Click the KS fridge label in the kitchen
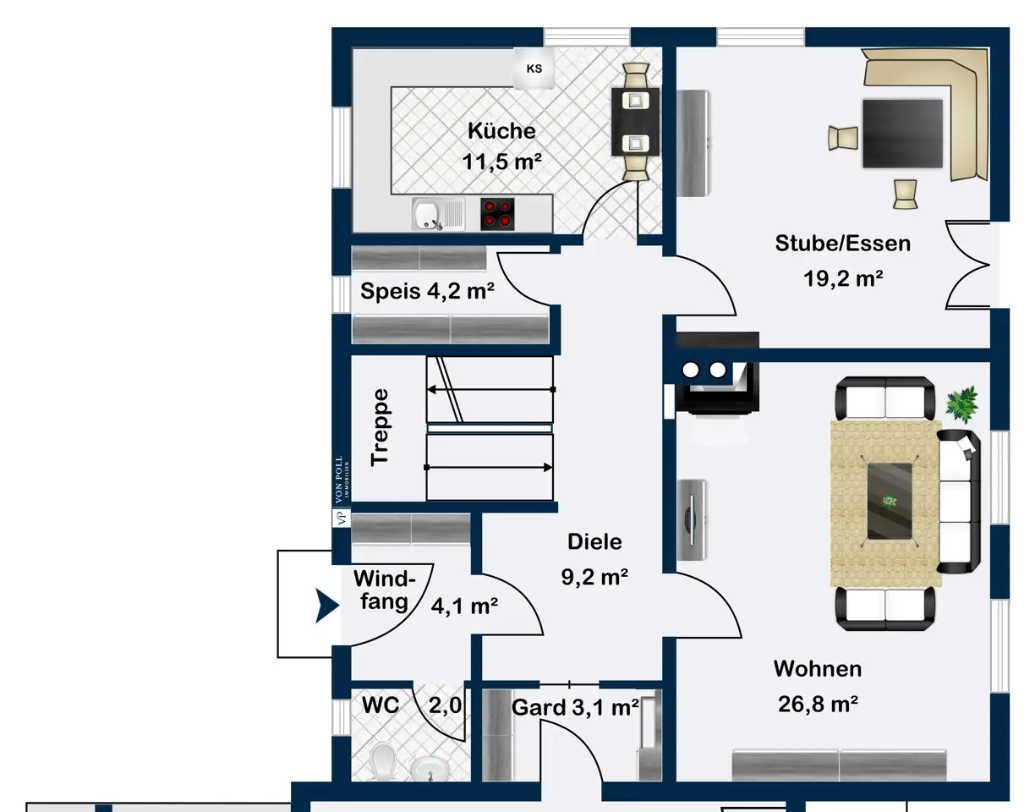click(x=534, y=69)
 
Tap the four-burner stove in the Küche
click(x=496, y=214)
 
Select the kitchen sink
click(x=438, y=214)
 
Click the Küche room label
click(x=501, y=131)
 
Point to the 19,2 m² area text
click(x=843, y=278)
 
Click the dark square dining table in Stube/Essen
click(x=902, y=134)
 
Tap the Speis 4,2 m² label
click(x=427, y=291)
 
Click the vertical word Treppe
click(x=380, y=427)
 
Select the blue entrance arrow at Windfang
click(x=326, y=606)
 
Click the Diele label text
click(x=594, y=542)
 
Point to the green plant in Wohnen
click(x=962, y=405)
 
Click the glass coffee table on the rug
click(x=890, y=502)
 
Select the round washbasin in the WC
click(x=427, y=768)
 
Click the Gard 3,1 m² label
click(x=575, y=708)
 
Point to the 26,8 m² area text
click(x=818, y=704)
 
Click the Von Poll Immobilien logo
click(x=342, y=491)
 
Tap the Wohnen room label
click(x=818, y=669)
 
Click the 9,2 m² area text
click(x=594, y=577)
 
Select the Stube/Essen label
click(x=842, y=244)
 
